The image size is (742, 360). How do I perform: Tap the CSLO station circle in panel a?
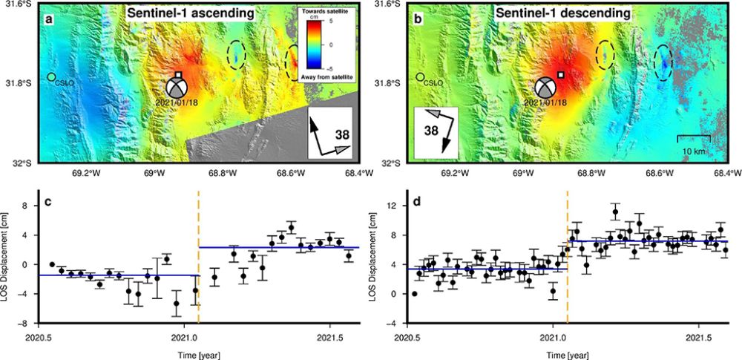[50, 77]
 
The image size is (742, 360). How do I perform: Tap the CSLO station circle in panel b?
[420, 77]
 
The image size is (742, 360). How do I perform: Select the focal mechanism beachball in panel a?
[179, 87]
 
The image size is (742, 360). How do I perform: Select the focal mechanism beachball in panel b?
[547, 87]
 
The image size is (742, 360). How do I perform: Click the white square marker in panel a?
[179, 75]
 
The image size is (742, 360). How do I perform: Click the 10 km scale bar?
[695, 136]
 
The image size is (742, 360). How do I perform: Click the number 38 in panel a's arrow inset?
[343, 136]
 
